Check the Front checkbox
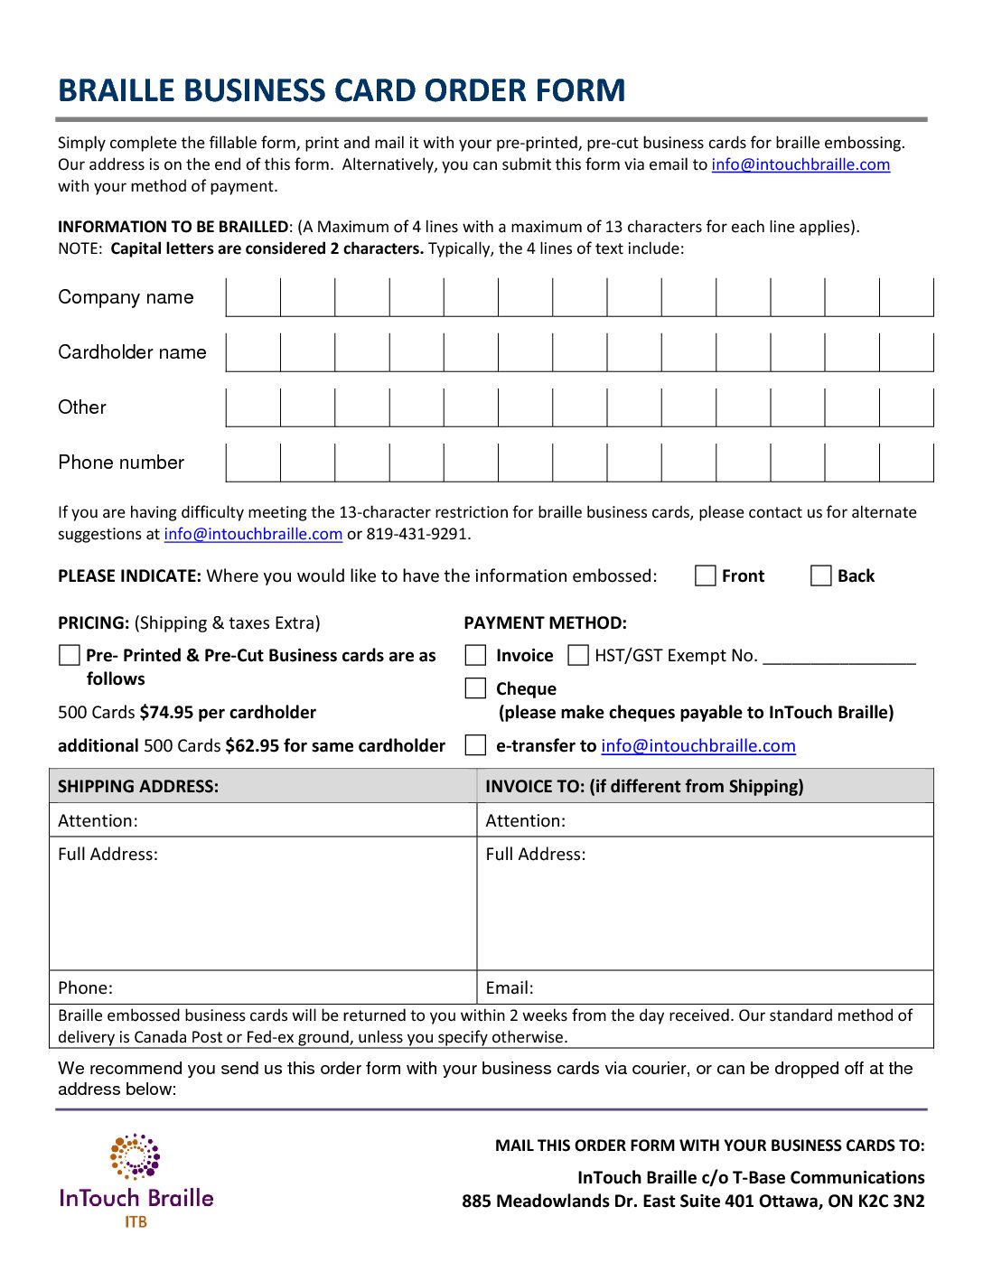(706, 576)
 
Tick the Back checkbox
(820, 576)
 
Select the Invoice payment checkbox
(475, 655)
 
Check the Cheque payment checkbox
(475, 688)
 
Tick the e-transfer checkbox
(475, 745)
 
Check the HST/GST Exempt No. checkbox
(578, 655)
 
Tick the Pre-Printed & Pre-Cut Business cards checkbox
(69, 655)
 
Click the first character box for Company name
(253, 297)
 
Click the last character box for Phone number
(906, 463)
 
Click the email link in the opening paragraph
(800, 164)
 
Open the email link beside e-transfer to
(698, 746)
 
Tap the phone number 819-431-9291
(417, 534)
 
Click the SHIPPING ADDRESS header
(138, 786)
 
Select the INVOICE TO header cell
(644, 786)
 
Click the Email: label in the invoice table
(510, 988)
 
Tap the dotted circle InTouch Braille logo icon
(136, 1156)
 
